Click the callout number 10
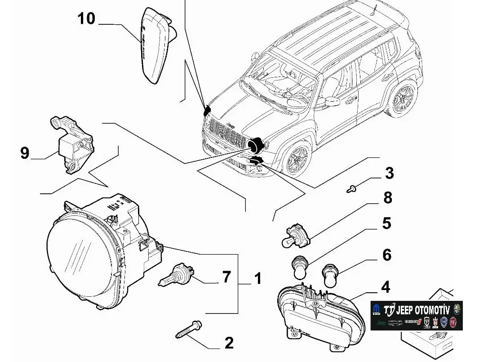86,19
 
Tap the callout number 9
25,153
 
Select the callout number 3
389,173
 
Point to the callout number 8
387,197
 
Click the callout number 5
386,223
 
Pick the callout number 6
386,255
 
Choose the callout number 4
385,287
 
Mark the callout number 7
226,277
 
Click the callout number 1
258,279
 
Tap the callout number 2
229,343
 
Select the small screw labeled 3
351,189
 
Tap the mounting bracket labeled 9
72,142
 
